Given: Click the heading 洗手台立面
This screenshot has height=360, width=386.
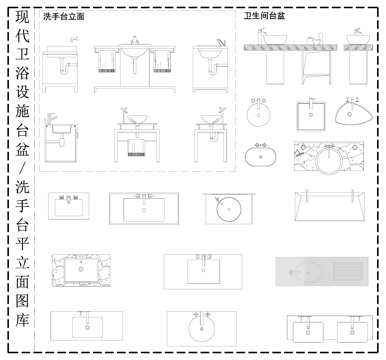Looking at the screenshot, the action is [64, 18].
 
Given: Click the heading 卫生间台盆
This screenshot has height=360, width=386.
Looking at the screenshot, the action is [264, 18].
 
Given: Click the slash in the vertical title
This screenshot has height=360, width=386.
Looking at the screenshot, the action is [21, 163].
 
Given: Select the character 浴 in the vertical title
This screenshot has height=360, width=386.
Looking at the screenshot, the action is [21, 79].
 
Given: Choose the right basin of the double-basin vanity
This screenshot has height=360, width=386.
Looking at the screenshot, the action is [350, 331].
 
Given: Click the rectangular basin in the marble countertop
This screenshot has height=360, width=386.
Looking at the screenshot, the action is [80, 269].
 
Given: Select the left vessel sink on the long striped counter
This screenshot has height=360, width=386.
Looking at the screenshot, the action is [271, 40].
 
